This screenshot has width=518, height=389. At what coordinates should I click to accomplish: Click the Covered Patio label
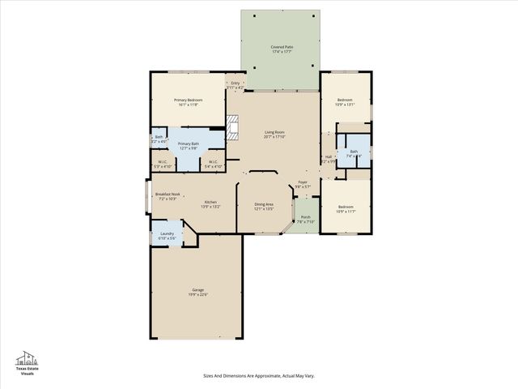[x=282, y=49]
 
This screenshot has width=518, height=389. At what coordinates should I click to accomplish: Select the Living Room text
[x=274, y=135]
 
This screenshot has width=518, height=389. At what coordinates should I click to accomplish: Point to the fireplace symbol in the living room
[x=233, y=128]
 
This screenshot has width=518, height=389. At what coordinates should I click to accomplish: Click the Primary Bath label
[x=189, y=145]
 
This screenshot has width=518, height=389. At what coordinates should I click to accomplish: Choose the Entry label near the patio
[x=236, y=84]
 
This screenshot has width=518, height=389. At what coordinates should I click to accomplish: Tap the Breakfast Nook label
[x=168, y=196]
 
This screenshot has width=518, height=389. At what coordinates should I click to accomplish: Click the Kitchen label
[x=210, y=203]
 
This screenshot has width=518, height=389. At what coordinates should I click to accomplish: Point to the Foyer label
[x=303, y=185]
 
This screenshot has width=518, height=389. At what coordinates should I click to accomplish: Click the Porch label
[x=305, y=219]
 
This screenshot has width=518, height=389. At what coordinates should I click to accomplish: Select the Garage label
[x=197, y=292]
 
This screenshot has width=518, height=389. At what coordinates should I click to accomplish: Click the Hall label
[x=329, y=159]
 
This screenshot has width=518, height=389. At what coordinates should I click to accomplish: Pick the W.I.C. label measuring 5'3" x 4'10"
[x=162, y=164]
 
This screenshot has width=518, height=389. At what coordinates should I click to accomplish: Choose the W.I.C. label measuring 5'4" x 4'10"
[x=212, y=164]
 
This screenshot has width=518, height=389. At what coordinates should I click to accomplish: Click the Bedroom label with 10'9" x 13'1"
[x=346, y=102]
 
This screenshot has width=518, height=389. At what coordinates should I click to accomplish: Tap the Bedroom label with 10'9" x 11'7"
[x=346, y=208]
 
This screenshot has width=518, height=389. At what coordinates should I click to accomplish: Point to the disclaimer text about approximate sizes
[x=258, y=376]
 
